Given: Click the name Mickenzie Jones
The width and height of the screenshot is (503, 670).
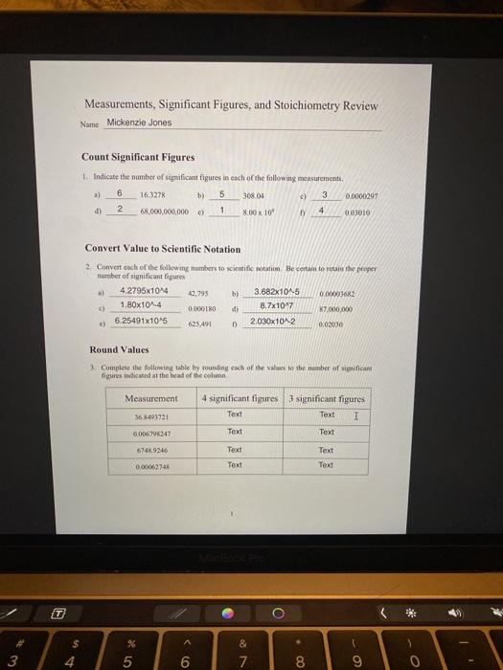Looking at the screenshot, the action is coord(140,123).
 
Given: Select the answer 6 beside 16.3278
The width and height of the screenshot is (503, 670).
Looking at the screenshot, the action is coord(121,191).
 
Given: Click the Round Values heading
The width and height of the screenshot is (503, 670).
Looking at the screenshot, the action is coord(120,349).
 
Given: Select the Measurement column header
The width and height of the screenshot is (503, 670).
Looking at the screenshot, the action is coord(152,397).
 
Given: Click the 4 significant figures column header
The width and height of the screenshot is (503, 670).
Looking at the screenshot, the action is coord(240,397).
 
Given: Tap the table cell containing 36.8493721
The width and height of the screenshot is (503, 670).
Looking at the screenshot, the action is coord(152,416).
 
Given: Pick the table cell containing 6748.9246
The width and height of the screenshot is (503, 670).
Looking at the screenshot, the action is coord(152,449).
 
